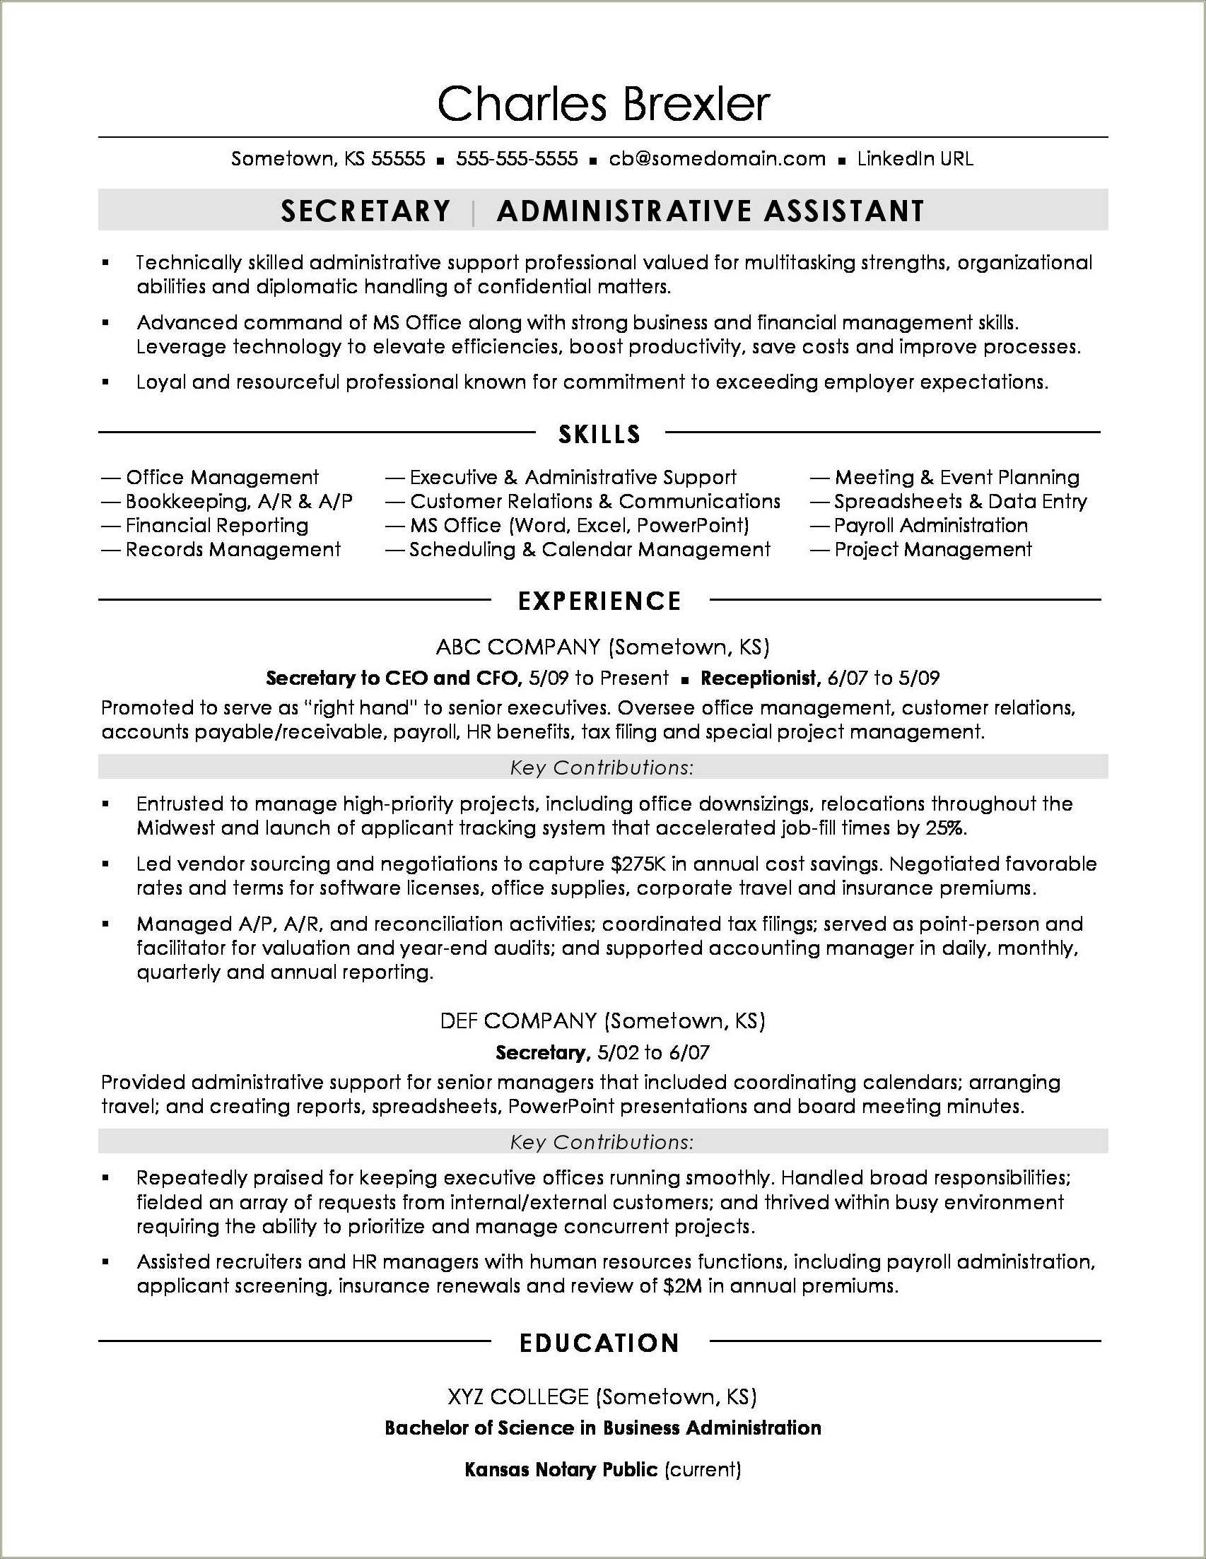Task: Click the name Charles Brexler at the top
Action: (x=604, y=104)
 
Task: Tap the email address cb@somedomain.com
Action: (x=717, y=158)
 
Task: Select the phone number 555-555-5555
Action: (x=517, y=158)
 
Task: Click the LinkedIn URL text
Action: (x=915, y=158)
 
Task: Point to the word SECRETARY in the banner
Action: (x=365, y=211)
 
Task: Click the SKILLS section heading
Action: (x=599, y=434)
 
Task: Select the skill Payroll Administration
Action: (x=930, y=525)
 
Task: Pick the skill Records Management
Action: (x=233, y=550)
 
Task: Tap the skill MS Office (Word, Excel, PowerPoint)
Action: (x=579, y=525)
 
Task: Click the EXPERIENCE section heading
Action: (x=599, y=601)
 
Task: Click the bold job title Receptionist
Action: (x=760, y=678)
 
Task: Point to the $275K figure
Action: (x=639, y=864)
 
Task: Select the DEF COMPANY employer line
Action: (x=602, y=1020)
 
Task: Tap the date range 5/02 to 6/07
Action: (x=652, y=1052)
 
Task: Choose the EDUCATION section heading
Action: (x=599, y=1343)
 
